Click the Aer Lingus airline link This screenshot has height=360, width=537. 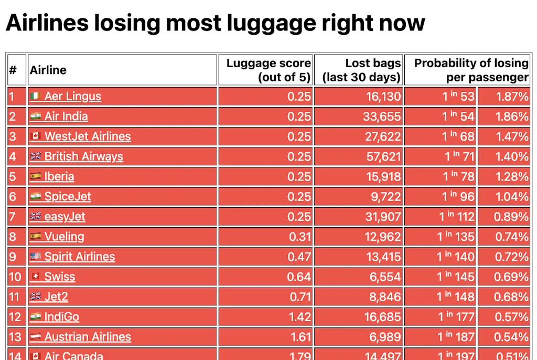pos(72,97)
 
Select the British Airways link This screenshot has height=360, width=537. pos(83,156)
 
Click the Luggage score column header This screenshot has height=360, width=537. pos(268,70)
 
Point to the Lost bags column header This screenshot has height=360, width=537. pos(362,70)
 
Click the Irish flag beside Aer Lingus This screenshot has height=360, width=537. pos(36,97)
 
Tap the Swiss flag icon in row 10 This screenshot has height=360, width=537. pos(36,277)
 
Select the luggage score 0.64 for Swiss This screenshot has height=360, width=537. pos(299,277)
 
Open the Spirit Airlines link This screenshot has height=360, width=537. pos(79,257)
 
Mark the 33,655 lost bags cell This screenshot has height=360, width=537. pos(382,117)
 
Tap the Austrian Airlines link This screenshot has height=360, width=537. pos(88,337)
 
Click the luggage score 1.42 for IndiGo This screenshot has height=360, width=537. pos(299,317)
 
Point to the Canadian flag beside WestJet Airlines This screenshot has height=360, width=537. pos(36,136)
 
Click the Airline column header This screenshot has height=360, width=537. pos(48,70)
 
